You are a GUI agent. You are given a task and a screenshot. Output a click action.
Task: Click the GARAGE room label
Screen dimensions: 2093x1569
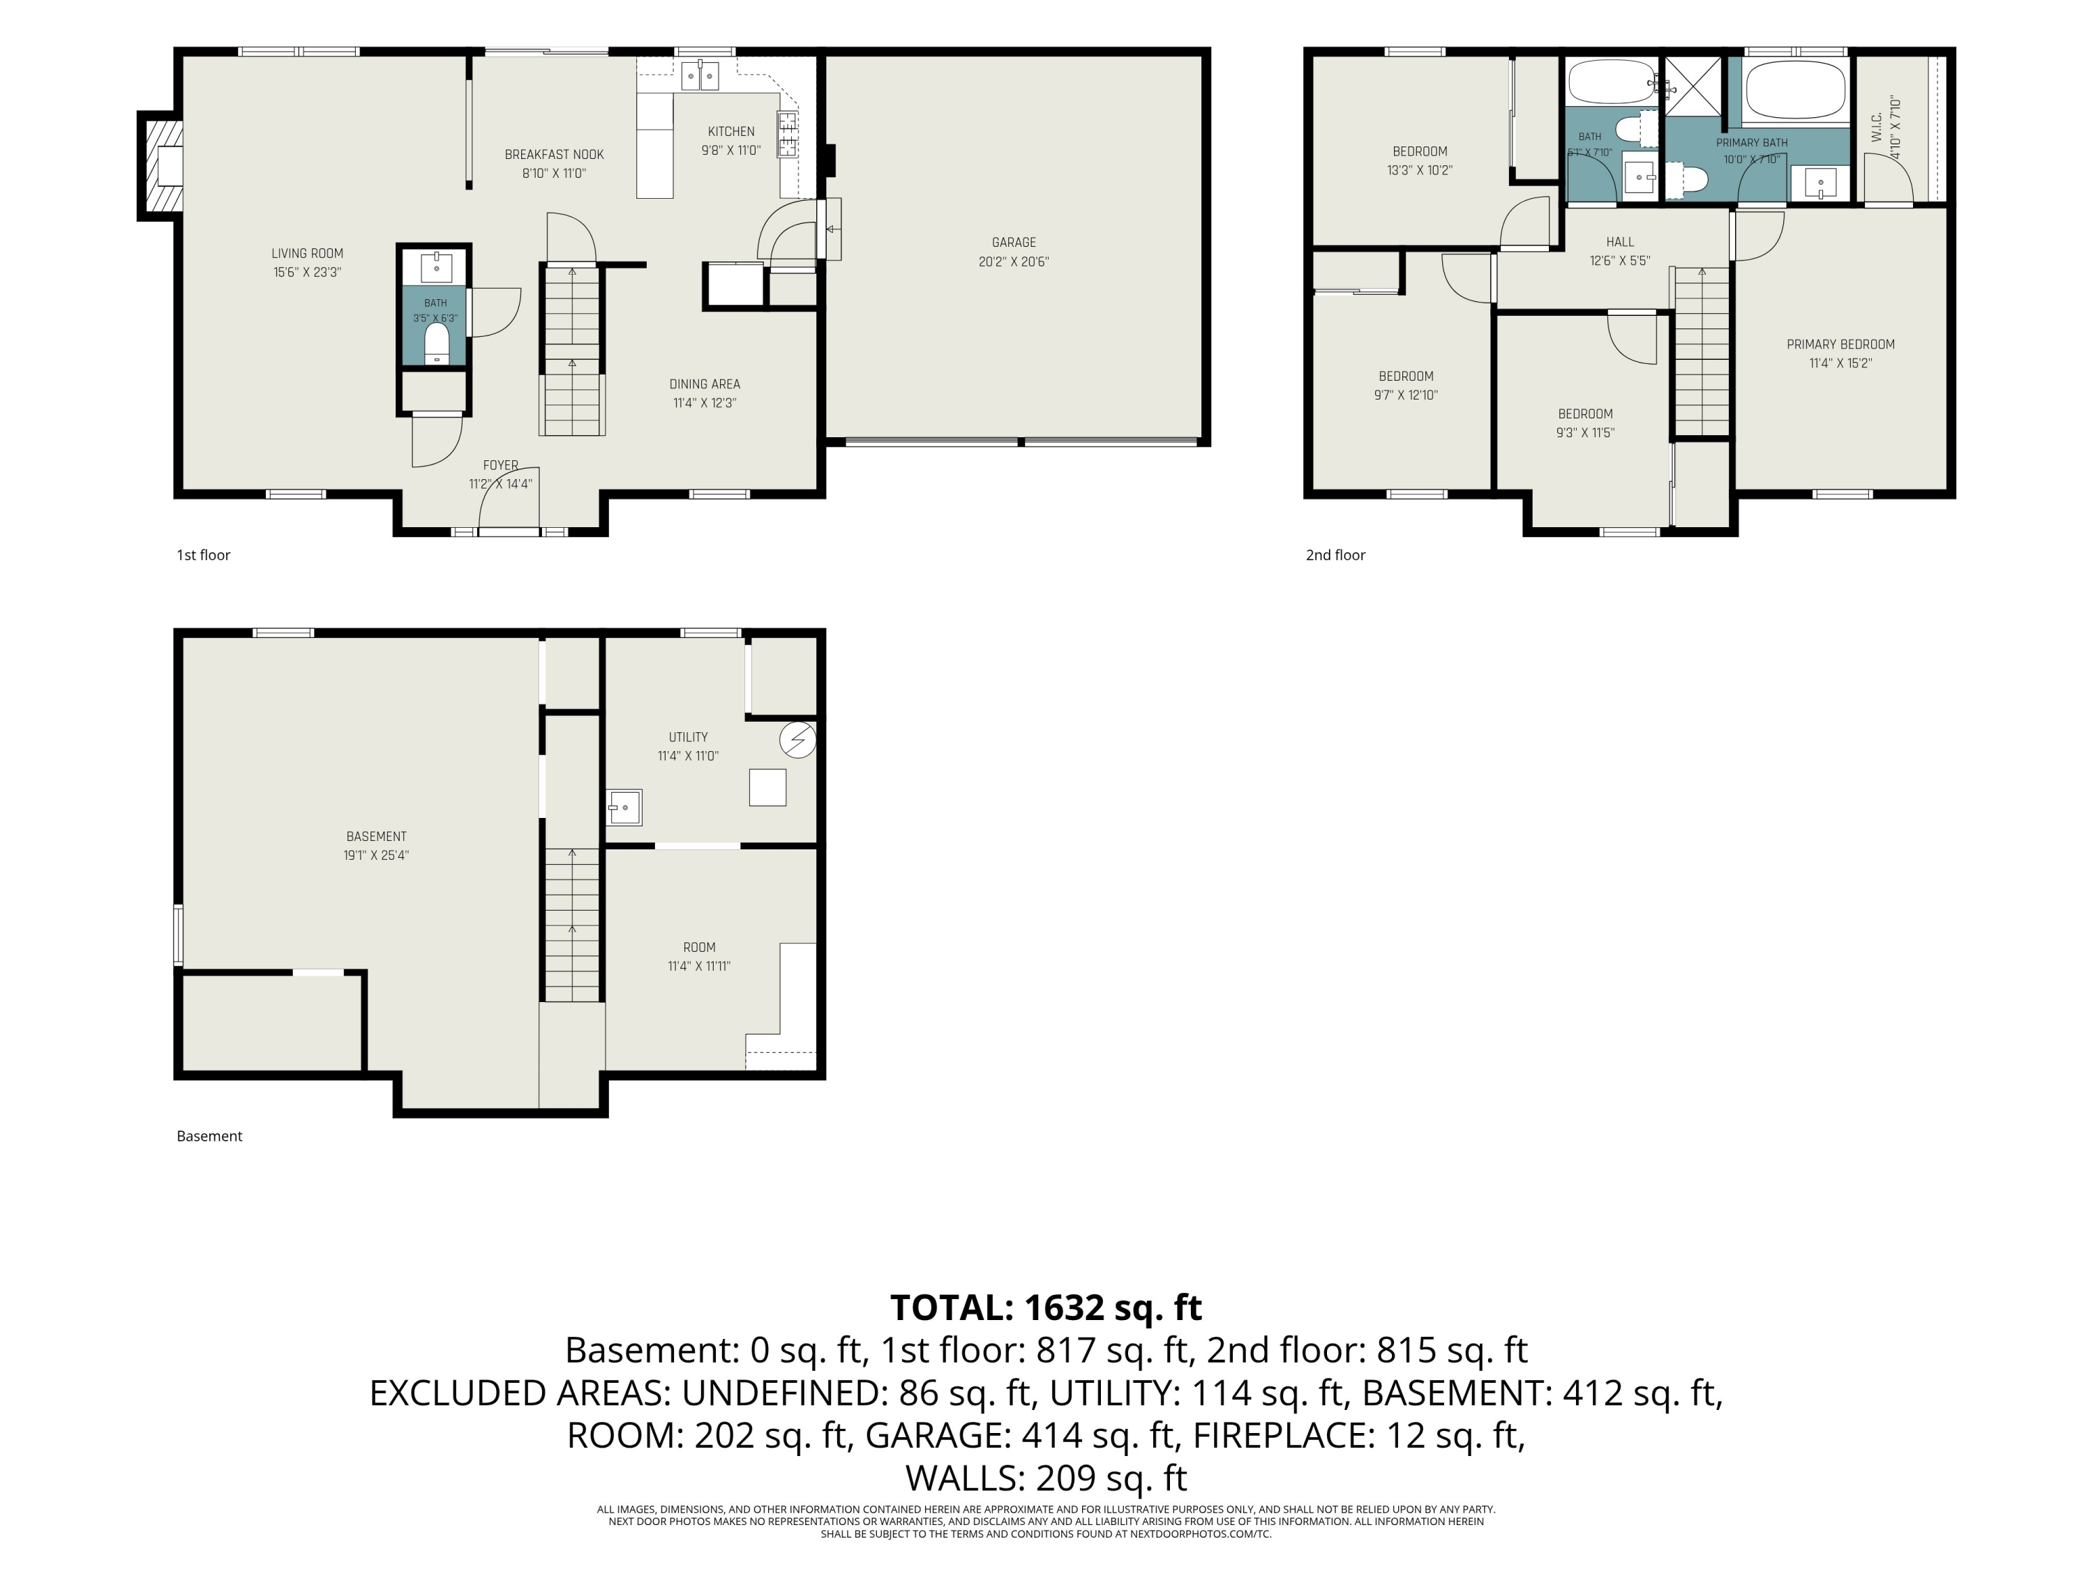tap(1014, 242)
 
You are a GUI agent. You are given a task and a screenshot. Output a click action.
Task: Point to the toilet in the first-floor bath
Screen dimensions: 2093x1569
tap(436, 342)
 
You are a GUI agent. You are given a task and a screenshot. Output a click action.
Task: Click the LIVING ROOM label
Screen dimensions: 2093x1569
tap(308, 253)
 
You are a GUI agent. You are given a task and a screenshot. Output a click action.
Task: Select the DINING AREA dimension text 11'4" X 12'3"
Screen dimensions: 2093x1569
tap(705, 403)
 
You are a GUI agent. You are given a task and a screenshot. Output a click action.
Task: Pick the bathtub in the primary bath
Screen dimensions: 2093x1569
tap(1795, 91)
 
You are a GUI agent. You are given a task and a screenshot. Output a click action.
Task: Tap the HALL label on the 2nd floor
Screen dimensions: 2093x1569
tap(1620, 242)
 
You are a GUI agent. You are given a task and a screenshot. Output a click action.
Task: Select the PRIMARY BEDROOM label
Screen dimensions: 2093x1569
tap(1840, 344)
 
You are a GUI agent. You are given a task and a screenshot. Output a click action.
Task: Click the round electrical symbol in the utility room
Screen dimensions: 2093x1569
tap(797, 741)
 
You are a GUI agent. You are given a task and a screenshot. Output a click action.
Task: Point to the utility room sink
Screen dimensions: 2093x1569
tap(624, 808)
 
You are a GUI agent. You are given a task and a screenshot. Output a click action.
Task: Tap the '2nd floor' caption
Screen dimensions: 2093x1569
tap(1335, 555)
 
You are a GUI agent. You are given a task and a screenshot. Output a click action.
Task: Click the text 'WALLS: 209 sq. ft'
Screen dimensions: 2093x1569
tap(1046, 1477)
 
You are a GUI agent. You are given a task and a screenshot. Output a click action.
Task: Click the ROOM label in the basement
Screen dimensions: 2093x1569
tap(699, 947)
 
